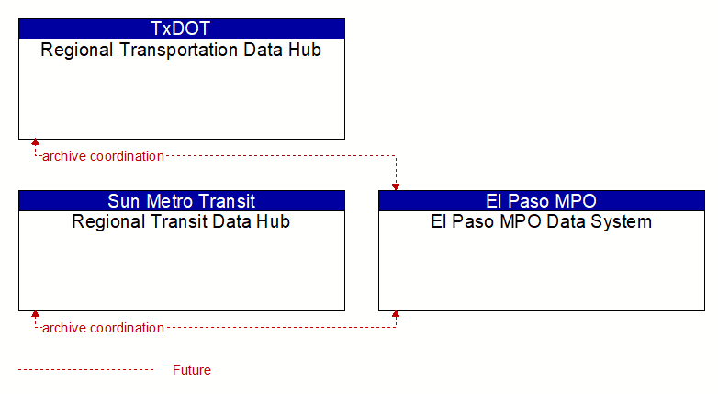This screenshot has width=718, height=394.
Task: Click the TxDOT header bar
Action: [182, 28]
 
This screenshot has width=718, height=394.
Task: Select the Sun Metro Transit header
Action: [182, 200]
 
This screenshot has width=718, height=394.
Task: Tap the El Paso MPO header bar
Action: [542, 200]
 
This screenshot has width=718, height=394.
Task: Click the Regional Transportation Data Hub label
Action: [181, 50]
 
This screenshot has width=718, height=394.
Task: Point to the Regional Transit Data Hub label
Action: [181, 221]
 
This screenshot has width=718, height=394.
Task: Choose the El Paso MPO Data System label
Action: [541, 221]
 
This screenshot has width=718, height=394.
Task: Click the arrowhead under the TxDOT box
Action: [35, 142]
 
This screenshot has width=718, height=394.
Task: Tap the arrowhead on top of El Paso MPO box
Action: [396, 187]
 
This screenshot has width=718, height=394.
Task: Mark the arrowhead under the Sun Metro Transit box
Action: [35, 314]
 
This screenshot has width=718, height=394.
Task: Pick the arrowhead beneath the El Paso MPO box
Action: [396, 314]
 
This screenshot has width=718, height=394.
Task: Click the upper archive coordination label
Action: [103, 156]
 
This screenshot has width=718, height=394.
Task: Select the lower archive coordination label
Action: [103, 328]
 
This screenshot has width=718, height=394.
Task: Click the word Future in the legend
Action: [192, 370]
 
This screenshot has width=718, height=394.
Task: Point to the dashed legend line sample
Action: [86, 369]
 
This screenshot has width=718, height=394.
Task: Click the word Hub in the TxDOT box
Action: [305, 50]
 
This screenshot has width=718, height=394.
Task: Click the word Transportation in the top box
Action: [179, 50]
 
